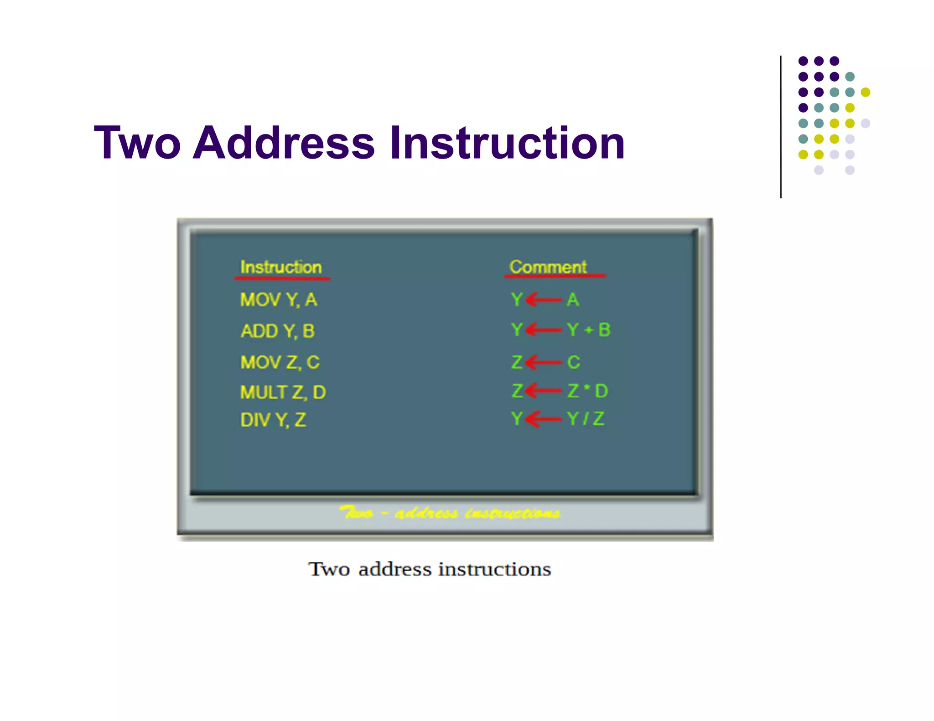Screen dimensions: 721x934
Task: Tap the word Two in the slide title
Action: point(137,143)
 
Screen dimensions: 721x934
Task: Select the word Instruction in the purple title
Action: point(506,143)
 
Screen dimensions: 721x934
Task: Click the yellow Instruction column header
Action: point(281,267)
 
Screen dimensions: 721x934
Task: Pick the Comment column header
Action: point(548,267)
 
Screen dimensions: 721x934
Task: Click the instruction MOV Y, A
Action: point(278,300)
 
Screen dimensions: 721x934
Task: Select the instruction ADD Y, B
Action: point(277,331)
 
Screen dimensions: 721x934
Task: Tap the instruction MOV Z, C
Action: point(280,362)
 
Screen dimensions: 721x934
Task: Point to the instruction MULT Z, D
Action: point(283,392)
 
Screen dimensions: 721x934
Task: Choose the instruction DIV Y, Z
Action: point(273,420)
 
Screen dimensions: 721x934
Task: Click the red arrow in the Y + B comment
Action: point(543,330)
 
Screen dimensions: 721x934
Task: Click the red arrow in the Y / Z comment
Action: point(543,418)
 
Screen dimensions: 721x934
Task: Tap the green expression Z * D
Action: point(587,391)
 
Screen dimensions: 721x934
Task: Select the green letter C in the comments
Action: point(573,362)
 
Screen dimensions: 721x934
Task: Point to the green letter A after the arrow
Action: point(573,300)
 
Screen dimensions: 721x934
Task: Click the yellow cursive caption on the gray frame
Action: point(449,513)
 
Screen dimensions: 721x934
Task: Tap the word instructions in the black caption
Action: point(494,569)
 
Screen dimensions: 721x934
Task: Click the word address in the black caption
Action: point(394,569)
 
